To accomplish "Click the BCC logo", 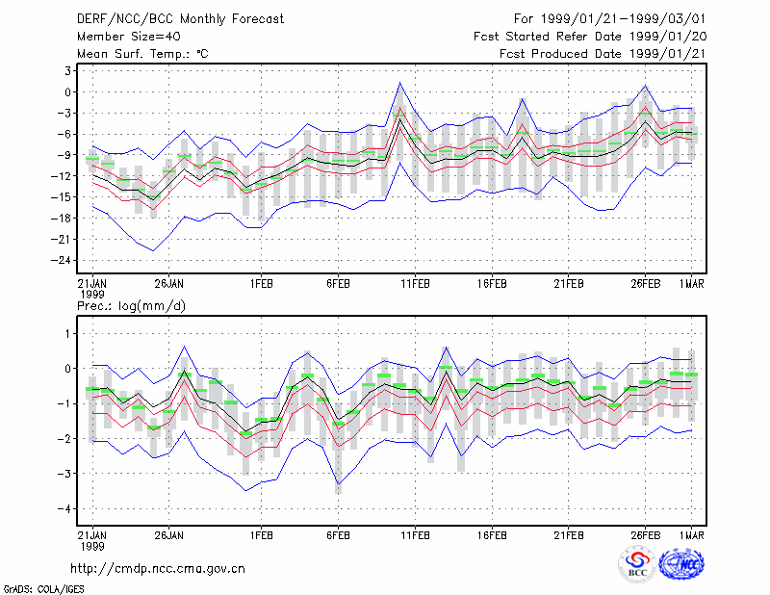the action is [x=637, y=565].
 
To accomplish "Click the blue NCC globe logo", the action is [x=681, y=565].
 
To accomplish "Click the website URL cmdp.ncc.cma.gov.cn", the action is [x=158, y=569].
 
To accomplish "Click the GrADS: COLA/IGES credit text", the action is [x=43, y=589].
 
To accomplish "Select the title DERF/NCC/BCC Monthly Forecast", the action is [x=180, y=19].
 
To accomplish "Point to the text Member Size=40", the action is [x=129, y=37].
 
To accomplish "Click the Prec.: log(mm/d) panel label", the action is [x=131, y=306].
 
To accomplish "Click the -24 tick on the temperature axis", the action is [x=62, y=260].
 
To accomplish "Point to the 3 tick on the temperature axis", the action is [x=67, y=70].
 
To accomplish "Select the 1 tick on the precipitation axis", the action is [x=68, y=334].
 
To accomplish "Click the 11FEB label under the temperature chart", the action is [x=415, y=284].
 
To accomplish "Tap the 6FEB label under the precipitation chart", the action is [x=339, y=535].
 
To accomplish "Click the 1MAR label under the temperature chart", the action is [x=692, y=284].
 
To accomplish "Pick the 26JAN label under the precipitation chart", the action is [x=169, y=535].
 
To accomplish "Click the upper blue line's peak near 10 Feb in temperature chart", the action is [x=399, y=83].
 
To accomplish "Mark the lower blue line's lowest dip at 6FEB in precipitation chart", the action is [x=339, y=484].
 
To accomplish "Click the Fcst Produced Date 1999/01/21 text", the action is [x=603, y=54].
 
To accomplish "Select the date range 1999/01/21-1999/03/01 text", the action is [x=623, y=19].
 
